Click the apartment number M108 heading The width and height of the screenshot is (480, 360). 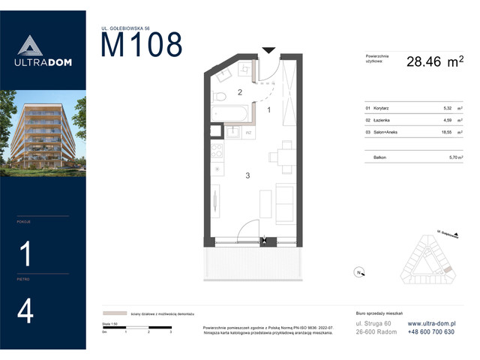pos(142,46)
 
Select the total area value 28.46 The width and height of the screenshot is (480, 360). pos(423,62)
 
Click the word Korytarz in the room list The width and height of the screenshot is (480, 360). pos(381,108)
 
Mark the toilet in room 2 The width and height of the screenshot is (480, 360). pos(219,97)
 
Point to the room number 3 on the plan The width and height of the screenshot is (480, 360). pos(247,175)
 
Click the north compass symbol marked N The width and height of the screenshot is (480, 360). pos(358,272)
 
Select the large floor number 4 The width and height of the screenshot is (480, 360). pos(25,310)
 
